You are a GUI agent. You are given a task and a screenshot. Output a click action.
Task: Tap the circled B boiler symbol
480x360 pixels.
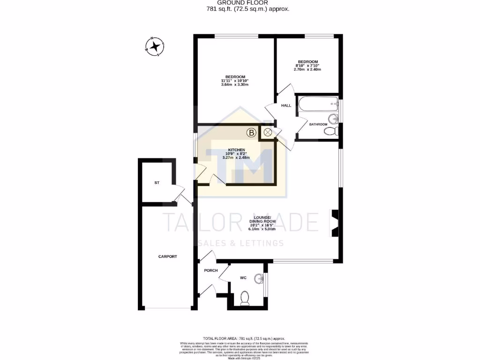click(252, 133)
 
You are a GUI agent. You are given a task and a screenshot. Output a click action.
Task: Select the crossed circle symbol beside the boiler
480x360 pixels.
click(268, 133)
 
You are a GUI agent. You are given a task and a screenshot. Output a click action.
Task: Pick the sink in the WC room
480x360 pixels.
click(258, 279)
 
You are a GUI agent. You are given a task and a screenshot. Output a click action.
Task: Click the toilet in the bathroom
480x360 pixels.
click(332, 131)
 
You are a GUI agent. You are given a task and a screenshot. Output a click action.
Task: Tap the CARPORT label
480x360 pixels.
click(167, 256)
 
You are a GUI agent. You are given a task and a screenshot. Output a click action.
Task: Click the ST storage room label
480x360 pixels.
click(157, 182)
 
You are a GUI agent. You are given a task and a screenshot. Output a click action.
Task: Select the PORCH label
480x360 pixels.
click(210, 270)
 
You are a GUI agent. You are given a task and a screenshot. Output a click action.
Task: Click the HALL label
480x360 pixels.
click(286, 105)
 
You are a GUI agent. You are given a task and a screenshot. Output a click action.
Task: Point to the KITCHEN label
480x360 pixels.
click(236, 150)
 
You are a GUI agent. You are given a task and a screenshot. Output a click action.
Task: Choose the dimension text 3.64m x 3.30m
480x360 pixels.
click(234, 84)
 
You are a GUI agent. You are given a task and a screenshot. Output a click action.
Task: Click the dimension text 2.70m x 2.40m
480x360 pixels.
click(307, 69)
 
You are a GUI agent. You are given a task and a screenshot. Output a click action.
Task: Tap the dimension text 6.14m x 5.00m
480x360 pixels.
click(262, 229)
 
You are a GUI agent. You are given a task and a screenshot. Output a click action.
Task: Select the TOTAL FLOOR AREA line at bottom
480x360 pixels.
click(243, 338)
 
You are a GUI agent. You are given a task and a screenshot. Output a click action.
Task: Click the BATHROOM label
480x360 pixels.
click(318, 124)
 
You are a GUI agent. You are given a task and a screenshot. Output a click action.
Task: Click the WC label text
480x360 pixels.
click(243, 278)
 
